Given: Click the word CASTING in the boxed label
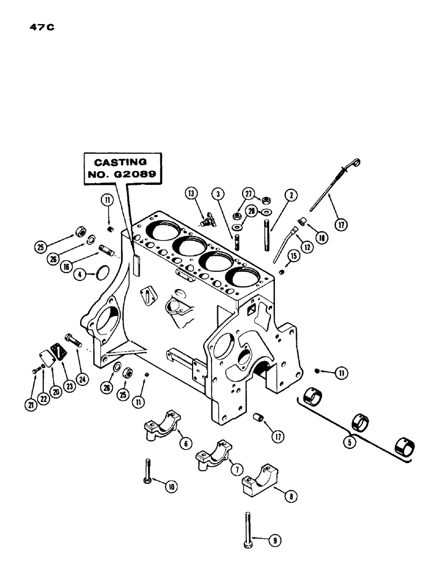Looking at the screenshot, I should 122,163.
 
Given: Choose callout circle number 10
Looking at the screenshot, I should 171,486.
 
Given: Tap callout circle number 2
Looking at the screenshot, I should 293,195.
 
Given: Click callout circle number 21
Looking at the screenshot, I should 29,405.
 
